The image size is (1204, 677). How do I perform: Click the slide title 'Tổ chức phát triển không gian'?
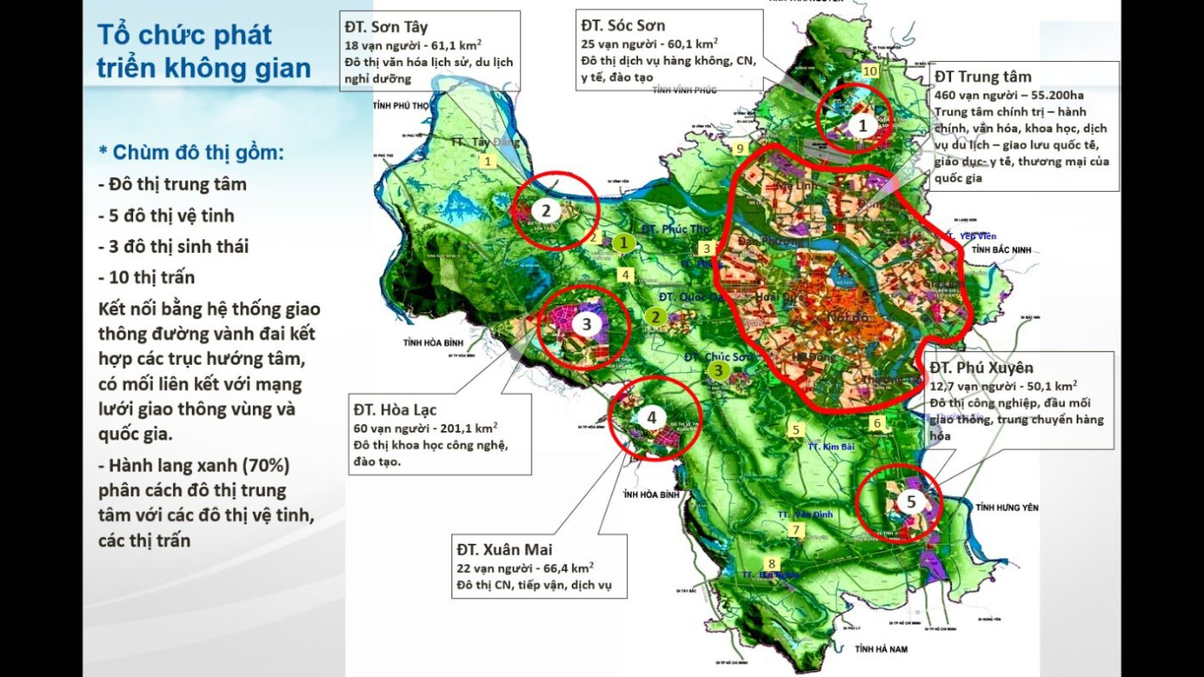pyautogui.click(x=203, y=52)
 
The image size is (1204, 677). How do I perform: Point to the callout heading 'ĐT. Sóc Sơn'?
pyautogui.click(x=623, y=26)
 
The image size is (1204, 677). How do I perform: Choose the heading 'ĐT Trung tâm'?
pyautogui.click(x=982, y=77)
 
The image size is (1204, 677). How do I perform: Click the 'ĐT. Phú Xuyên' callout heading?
pyautogui.click(x=981, y=367)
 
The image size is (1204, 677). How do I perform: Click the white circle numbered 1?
pyautogui.click(x=863, y=126)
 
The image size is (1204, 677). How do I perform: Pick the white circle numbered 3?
pyautogui.click(x=586, y=324)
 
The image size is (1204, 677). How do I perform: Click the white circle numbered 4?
pyautogui.click(x=652, y=418)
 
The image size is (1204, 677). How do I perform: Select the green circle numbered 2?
pyautogui.click(x=655, y=317)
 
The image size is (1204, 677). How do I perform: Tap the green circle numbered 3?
pyautogui.click(x=717, y=370)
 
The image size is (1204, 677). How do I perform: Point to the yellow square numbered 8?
pyautogui.click(x=772, y=563)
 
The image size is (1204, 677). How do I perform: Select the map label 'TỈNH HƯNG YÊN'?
pyautogui.click(x=1007, y=508)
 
